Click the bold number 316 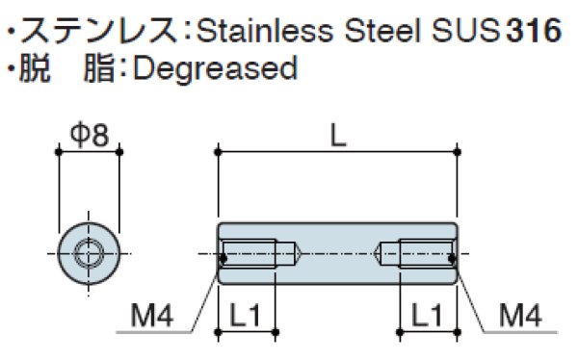(x=534, y=30)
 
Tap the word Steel (x=382, y=30)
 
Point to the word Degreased (x=215, y=69)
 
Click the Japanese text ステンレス (x=99, y=30)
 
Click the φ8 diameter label (x=90, y=135)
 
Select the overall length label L (x=338, y=135)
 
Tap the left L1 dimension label (x=245, y=315)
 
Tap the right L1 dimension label (x=427, y=315)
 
